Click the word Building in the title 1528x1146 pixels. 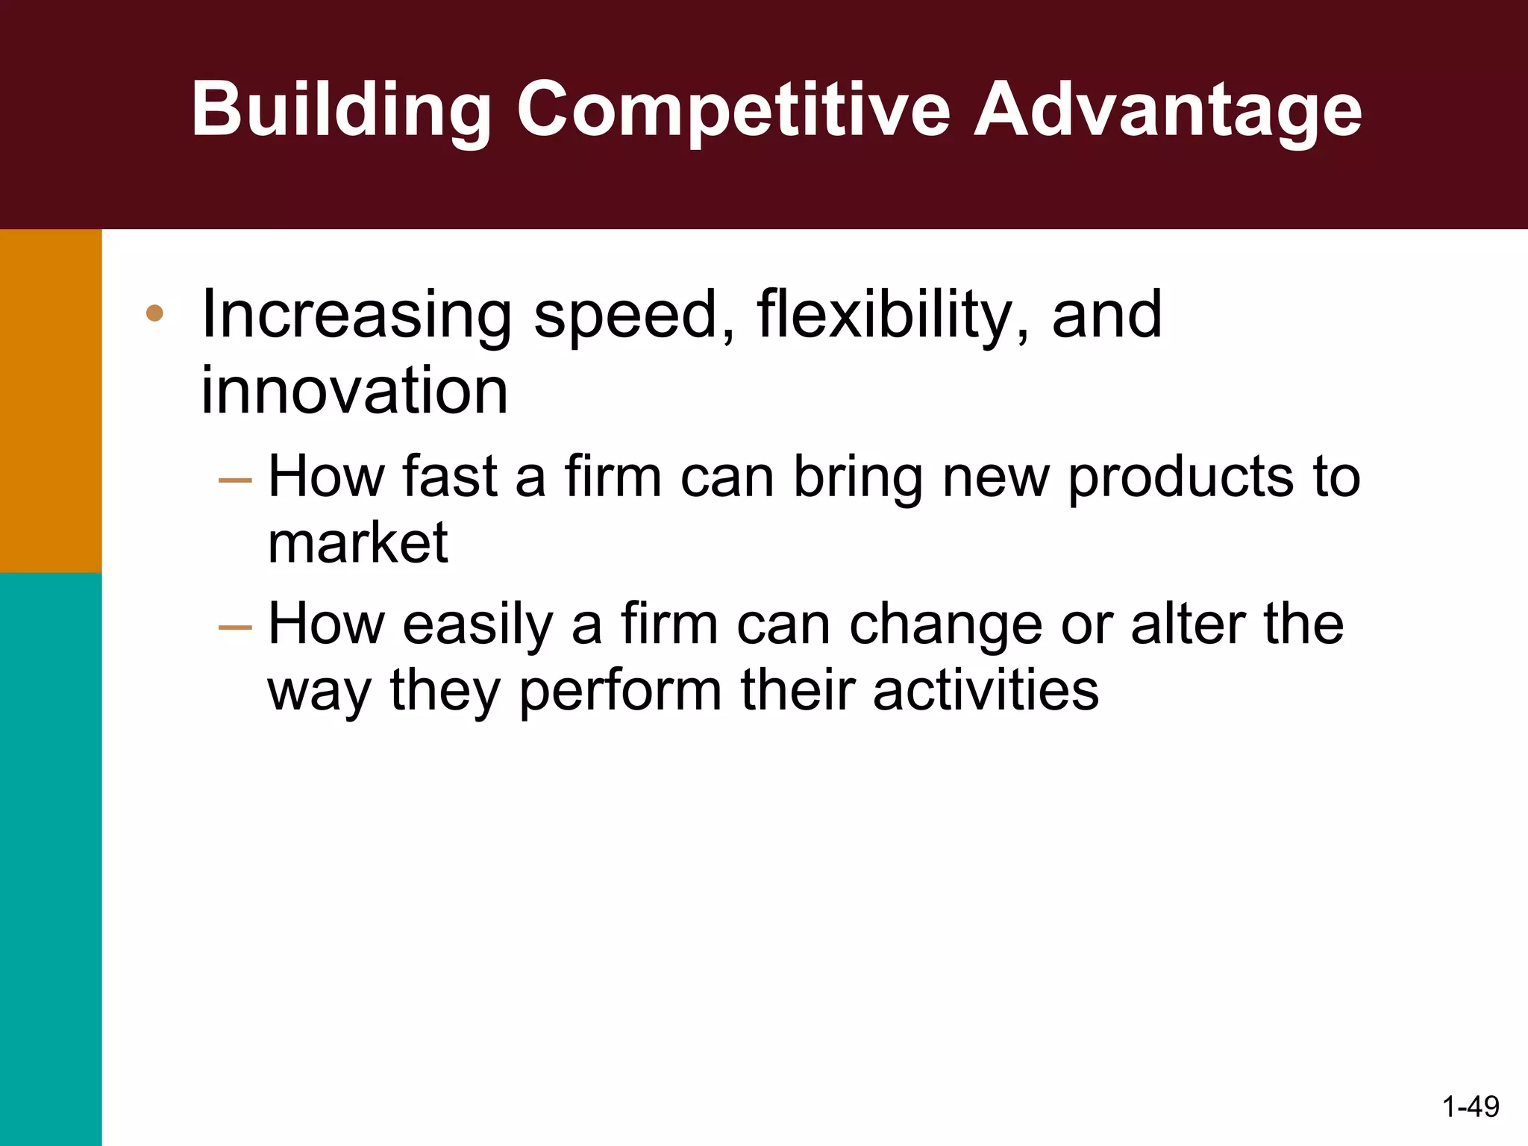point(340,110)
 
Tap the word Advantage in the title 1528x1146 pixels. point(1168,110)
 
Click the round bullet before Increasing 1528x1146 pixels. point(154,313)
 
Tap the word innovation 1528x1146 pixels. point(354,391)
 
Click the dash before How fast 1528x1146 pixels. point(236,480)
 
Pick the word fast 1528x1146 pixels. point(449,477)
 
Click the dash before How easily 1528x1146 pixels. point(236,627)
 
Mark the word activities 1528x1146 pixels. point(986,690)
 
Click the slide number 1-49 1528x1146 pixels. point(1471,1106)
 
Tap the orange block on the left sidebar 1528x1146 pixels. point(51,401)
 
